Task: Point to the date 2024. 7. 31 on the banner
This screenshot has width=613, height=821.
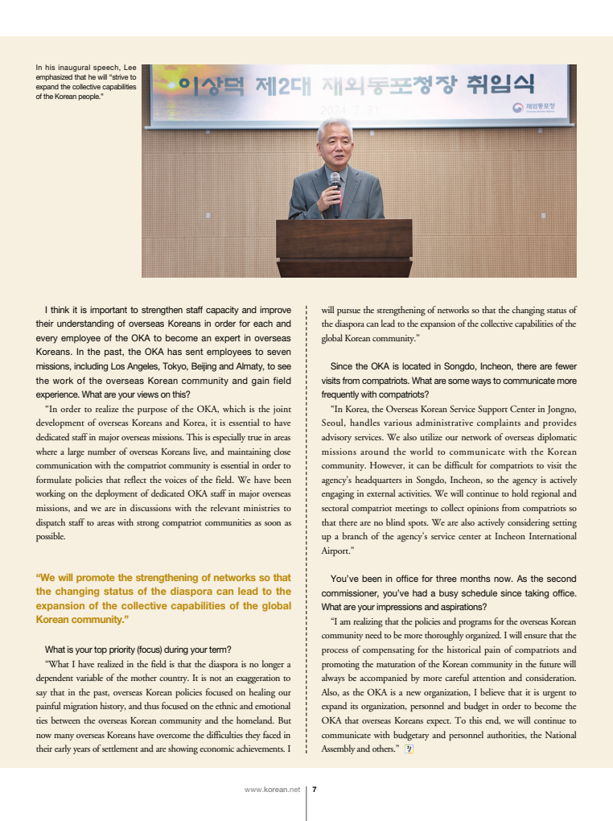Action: [x=347, y=109]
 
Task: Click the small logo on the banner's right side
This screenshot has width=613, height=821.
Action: [x=518, y=108]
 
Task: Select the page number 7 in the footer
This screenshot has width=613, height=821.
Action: [x=315, y=790]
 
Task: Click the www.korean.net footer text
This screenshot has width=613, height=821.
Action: [x=272, y=790]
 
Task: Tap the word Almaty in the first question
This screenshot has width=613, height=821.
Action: [x=245, y=366]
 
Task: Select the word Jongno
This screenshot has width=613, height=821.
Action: [x=560, y=409]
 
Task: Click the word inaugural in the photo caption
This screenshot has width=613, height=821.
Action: [x=70, y=68]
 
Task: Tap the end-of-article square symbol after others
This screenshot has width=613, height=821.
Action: [x=409, y=749]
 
